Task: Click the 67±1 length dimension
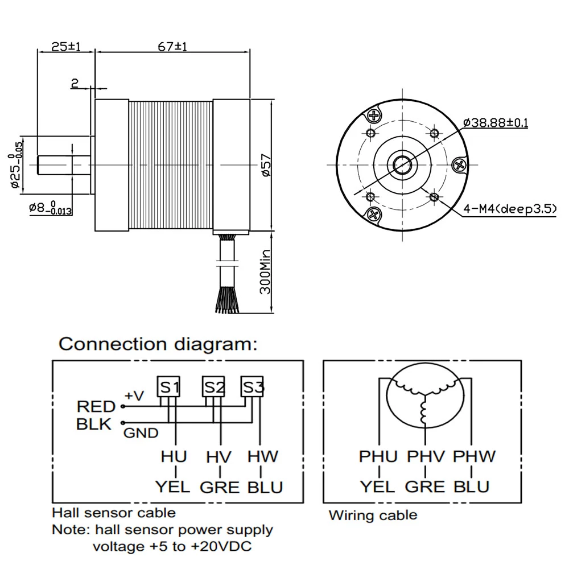pos(173,47)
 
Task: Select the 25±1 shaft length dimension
pos(65,47)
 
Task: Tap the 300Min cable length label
pos(265,274)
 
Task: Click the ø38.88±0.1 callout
pos(496,122)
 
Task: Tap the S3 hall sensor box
pos(252,387)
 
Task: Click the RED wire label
pos(96,406)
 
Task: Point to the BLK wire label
pos(94,424)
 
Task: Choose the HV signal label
pos(220,456)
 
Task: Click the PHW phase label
pos(474,456)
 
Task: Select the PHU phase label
pos(378,456)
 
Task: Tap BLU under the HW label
pos(265,488)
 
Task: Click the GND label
pos(142,434)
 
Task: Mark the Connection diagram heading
pos(158,344)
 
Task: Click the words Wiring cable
pos(373,516)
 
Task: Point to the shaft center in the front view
pos(403,164)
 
